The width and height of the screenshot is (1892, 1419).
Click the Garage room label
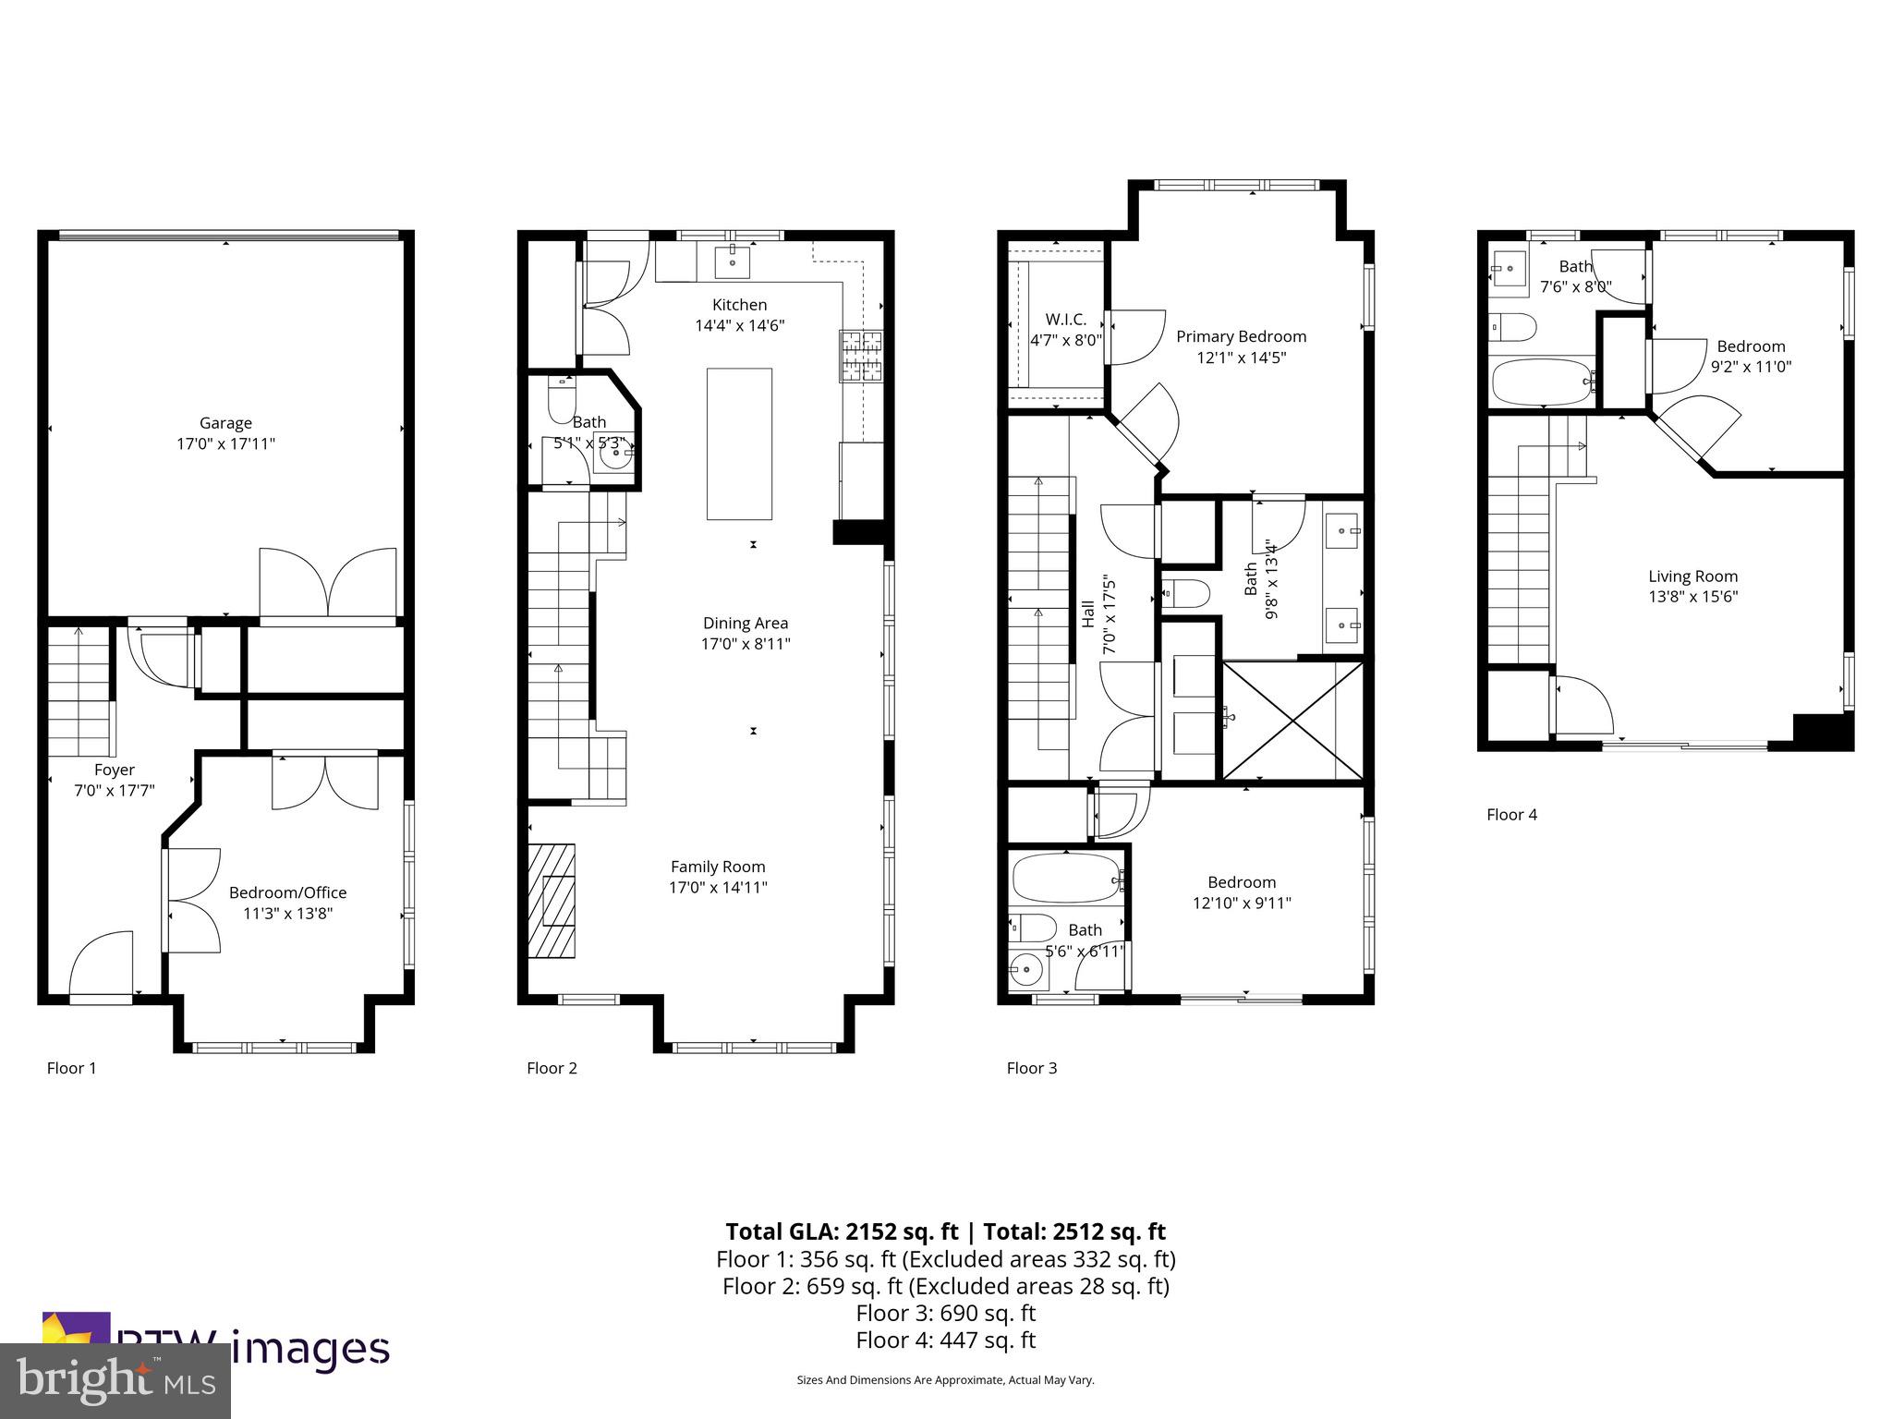225,423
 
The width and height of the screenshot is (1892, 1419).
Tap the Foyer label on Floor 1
115,770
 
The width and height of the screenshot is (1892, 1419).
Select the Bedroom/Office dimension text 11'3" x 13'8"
287,914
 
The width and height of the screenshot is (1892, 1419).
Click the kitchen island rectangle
739,443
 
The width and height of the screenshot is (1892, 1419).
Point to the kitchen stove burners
861,356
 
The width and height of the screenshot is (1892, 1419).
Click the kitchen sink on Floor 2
733,261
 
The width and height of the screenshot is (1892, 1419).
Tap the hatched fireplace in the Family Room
552,901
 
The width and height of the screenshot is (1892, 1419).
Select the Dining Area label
746,623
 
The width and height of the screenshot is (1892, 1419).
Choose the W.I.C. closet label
1066,320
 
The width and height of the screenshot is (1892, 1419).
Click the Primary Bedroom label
1241,336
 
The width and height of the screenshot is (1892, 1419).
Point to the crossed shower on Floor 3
1292,720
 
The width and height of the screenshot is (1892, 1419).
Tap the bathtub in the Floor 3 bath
1066,877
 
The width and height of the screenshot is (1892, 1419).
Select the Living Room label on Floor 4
1692,576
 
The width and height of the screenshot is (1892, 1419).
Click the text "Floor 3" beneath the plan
1031,1068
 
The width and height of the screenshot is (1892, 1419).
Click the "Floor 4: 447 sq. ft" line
945,1340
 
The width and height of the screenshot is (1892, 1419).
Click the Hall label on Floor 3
1088,614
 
